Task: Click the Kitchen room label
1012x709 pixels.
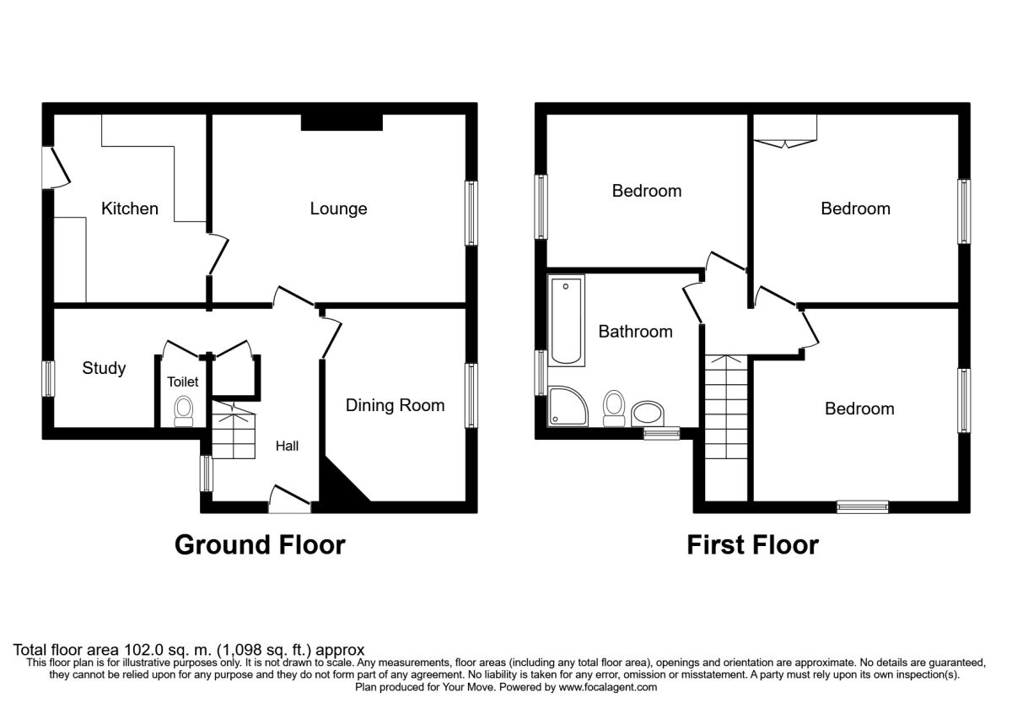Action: point(130,208)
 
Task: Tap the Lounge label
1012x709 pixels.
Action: point(338,208)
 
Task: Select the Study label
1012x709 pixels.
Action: point(104,368)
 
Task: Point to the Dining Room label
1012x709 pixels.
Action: point(395,405)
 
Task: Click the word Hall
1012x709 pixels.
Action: point(287,447)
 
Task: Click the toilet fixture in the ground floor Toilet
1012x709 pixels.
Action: point(184,412)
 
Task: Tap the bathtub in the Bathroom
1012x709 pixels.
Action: point(567,320)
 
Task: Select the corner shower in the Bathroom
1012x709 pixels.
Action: point(568,407)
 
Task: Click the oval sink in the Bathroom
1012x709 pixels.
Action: point(648,414)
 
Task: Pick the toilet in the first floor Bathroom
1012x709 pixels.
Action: point(614,409)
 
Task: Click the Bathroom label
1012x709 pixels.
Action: point(635,332)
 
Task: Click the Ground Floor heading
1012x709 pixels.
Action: point(260,545)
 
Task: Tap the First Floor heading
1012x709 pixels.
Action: point(752,545)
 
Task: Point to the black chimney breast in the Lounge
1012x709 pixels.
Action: point(342,122)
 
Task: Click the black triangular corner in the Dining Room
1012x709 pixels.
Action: point(343,482)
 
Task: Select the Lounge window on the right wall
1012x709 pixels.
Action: point(471,214)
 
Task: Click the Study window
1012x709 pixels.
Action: point(48,379)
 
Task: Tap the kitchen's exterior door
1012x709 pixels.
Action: point(56,168)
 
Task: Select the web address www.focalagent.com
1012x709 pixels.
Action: point(608,687)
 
